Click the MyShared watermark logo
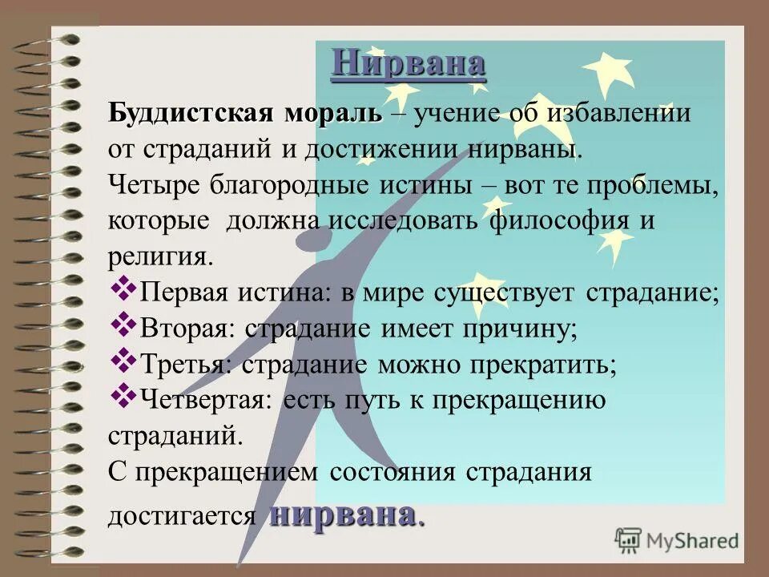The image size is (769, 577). coord(677,540)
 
